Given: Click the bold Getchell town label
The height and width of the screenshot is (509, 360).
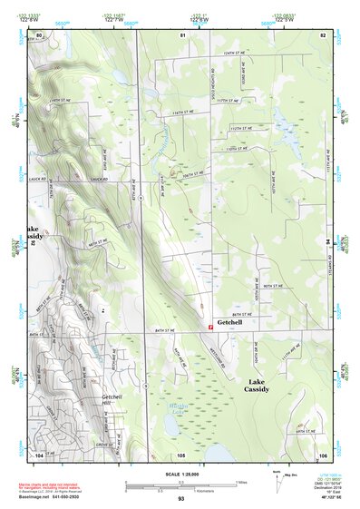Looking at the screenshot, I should click(x=229, y=322).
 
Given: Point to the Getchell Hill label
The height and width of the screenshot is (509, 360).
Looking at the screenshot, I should click(x=112, y=400).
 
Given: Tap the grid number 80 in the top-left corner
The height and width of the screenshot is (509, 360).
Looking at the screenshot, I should click(x=38, y=34).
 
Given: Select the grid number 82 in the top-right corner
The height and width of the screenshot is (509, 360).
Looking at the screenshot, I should click(x=322, y=34).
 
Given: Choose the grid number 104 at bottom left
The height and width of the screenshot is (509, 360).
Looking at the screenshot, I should click(x=38, y=454).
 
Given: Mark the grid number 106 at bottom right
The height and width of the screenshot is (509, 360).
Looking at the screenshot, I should click(x=322, y=454).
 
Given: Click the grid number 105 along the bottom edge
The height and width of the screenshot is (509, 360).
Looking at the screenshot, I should click(x=181, y=454).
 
